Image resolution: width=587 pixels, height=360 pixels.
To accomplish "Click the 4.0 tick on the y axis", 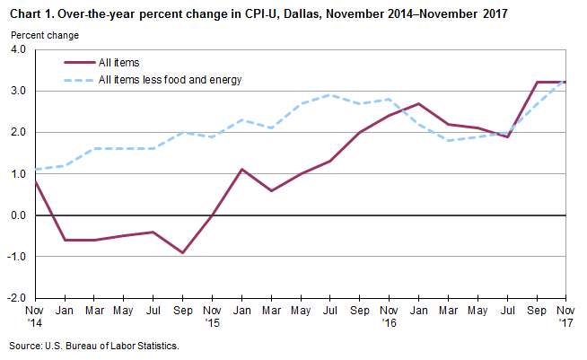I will [x=17, y=49].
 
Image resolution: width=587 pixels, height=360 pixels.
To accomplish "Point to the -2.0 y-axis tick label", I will [x=15, y=298].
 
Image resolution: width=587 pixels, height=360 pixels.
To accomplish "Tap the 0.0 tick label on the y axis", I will [x=17, y=215].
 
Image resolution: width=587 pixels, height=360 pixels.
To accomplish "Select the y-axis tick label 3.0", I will [x=17, y=91].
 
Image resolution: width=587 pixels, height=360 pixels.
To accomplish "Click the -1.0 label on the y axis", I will [x=15, y=257].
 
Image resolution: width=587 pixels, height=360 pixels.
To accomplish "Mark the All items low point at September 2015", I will [x=182, y=252].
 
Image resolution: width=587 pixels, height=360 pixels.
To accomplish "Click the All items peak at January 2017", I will [x=419, y=104].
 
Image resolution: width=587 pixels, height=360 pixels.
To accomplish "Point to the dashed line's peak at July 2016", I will [x=330, y=95].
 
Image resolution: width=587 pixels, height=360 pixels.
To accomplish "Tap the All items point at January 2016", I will [x=241, y=170].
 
